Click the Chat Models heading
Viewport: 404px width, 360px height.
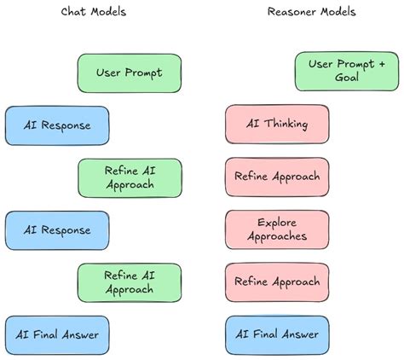click(94, 12)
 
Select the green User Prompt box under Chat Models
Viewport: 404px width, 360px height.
click(130, 73)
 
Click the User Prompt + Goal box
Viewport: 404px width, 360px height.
click(347, 71)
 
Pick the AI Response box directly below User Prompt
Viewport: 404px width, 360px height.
click(57, 125)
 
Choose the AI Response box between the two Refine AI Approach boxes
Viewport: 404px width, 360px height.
click(57, 229)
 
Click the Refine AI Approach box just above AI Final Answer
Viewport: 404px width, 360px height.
click(130, 282)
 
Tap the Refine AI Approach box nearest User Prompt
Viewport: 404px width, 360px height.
click(130, 177)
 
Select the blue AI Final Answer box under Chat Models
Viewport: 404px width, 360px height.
click(57, 334)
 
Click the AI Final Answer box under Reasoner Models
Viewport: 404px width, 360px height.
click(277, 334)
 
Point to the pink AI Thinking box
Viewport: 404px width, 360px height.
click(277, 125)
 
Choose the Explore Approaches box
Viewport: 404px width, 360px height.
click(277, 229)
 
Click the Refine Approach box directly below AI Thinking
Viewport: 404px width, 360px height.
click(277, 177)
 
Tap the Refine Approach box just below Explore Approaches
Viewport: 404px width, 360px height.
click(277, 282)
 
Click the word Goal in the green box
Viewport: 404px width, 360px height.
click(347, 78)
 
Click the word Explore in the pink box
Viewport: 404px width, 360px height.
click(277, 223)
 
